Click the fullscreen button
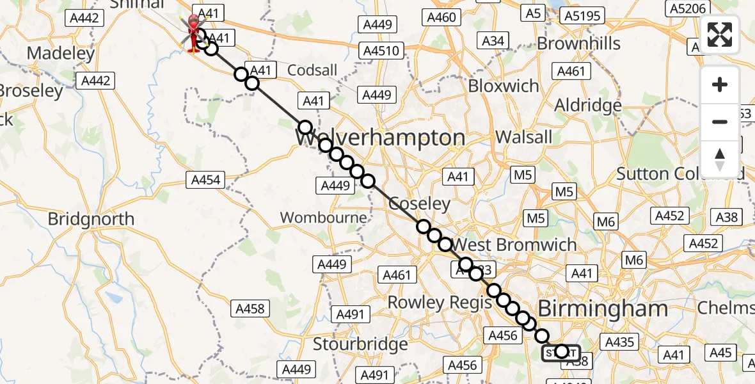click(720, 35)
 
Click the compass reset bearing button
click(720, 159)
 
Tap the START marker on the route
click(561, 352)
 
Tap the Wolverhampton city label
click(380, 138)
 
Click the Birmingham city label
click(603, 309)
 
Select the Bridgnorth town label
click(91, 220)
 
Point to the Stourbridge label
click(360, 344)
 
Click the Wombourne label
click(324, 218)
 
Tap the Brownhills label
click(578, 44)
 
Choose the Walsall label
click(523, 137)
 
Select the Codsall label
click(312, 70)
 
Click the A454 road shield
click(206, 180)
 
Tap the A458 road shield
click(250, 309)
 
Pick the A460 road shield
click(442, 17)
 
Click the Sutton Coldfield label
click(680, 173)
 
